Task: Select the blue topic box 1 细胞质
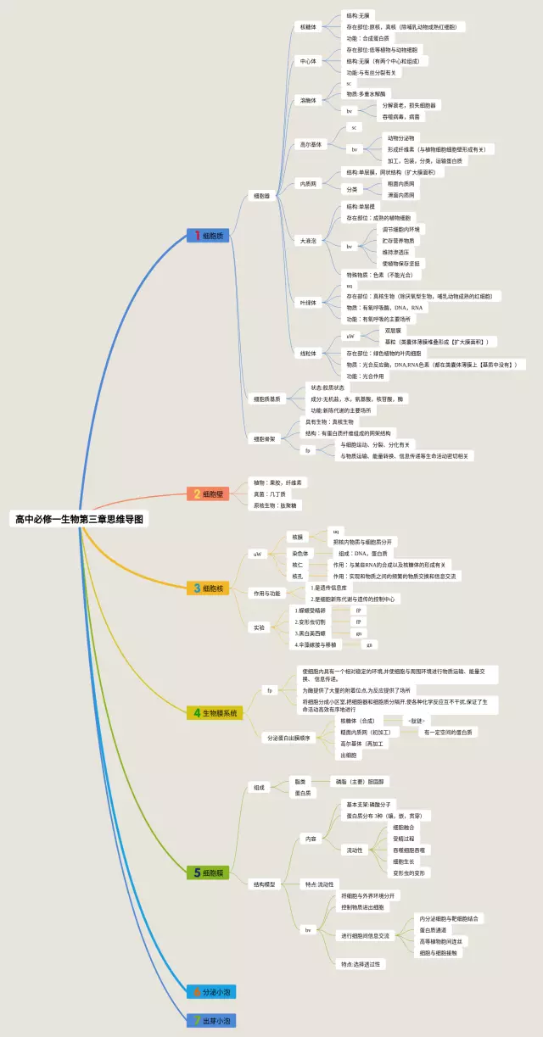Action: click(208, 235)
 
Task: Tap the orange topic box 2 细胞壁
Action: click(208, 493)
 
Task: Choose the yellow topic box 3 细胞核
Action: click(208, 588)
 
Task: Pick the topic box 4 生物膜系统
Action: click(216, 713)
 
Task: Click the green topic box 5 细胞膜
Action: click(208, 872)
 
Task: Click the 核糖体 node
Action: click(308, 27)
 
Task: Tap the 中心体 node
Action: click(307, 62)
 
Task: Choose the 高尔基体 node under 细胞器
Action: click(310, 144)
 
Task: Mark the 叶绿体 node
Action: click(308, 302)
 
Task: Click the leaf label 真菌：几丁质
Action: click(271, 493)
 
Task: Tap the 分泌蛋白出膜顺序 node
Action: click(289, 738)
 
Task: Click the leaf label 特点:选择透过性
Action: click(362, 963)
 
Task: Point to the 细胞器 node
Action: click(261, 196)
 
